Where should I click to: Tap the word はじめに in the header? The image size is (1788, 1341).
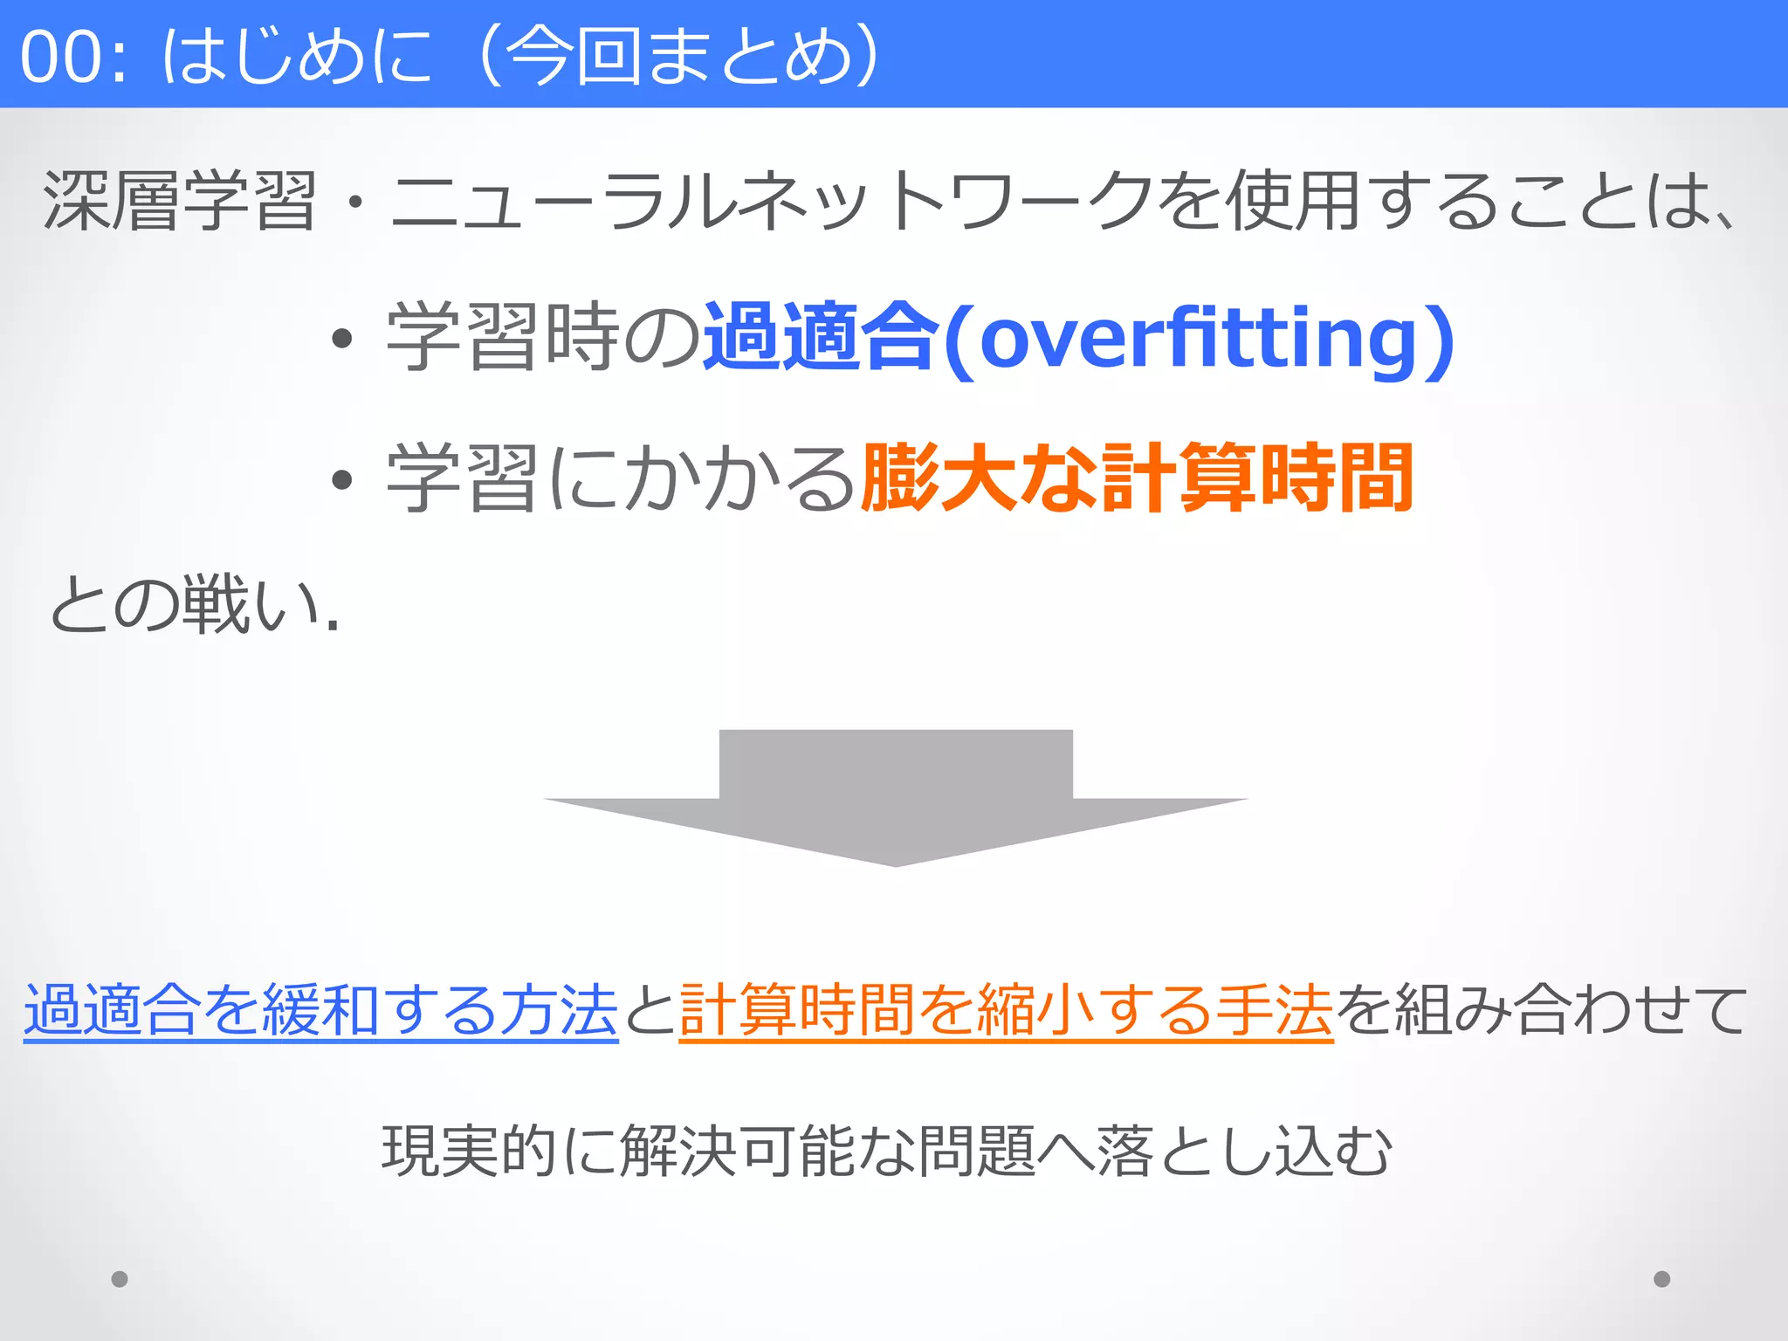[x=297, y=58]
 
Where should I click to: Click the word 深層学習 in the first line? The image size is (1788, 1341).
[x=179, y=202]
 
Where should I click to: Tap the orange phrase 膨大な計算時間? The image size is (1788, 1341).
[x=1136, y=478]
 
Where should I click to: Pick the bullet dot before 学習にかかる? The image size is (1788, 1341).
[x=342, y=479]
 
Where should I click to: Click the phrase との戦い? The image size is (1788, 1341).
[x=192, y=605]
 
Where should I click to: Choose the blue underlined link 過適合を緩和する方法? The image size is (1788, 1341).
[x=321, y=1011]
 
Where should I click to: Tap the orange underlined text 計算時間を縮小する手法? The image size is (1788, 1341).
[x=1006, y=1011]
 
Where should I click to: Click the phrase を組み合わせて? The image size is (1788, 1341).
[x=1541, y=1011]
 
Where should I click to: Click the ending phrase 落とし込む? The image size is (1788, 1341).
[x=1244, y=1152]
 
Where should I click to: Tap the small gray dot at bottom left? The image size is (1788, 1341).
[x=120, y=1279]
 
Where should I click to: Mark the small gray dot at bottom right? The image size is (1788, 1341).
[x=1661, y=1279]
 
